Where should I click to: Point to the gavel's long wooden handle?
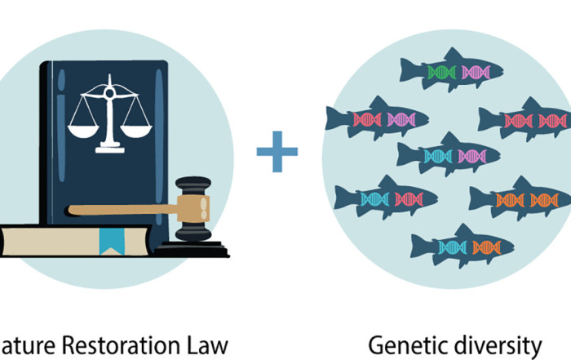click(122, 210)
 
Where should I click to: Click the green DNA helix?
click(440, 72)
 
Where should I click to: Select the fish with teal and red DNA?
click(383, 198)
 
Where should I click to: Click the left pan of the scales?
click(81, 128)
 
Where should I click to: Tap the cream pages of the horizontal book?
click(49, 240)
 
